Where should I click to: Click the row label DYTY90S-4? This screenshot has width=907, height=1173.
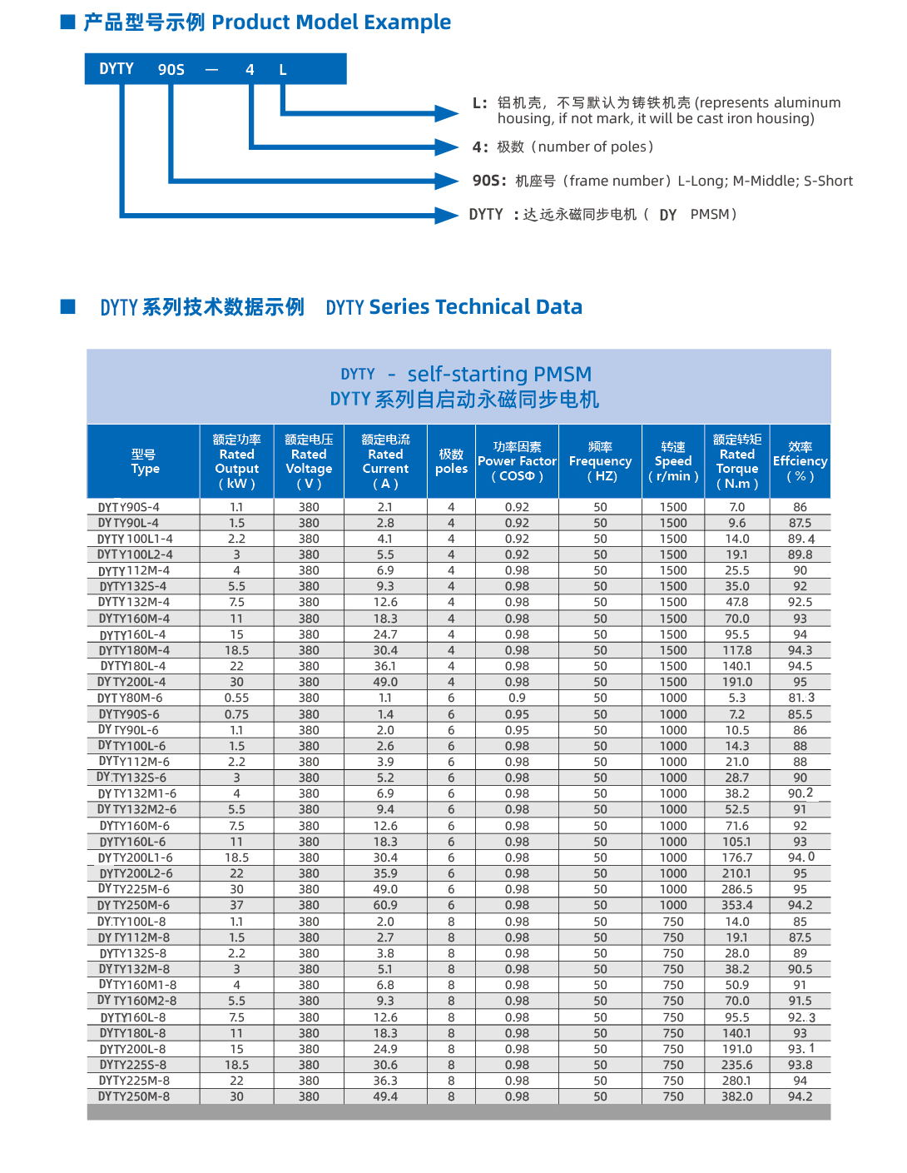[129, 507]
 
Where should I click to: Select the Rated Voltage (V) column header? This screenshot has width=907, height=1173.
[309, 461]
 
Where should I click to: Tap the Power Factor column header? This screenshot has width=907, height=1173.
[517, 461]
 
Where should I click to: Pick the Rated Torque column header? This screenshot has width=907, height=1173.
[737, 461]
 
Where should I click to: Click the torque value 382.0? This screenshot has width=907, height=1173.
[737, 1097]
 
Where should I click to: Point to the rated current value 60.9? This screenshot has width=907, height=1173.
[385, 906]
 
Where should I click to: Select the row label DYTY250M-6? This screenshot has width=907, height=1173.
[133, 906]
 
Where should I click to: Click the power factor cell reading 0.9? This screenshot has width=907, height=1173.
[517, 698]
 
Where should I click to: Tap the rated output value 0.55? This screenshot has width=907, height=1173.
[236, 698]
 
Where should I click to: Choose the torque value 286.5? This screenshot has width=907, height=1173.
[737, 890]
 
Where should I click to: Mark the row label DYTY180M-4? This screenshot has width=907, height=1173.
[134, 651]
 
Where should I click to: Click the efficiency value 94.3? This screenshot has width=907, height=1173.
[800, 651]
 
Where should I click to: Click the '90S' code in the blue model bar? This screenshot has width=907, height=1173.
[171, 70]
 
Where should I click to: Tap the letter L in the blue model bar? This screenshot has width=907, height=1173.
[283, 70]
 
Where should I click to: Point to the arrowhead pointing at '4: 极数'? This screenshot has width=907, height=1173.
[448, 147]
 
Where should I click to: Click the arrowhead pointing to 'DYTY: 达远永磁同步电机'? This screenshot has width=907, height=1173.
[448, 216]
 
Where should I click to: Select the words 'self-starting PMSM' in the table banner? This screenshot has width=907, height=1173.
[499, 375]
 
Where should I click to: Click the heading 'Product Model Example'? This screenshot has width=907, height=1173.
[331, 22]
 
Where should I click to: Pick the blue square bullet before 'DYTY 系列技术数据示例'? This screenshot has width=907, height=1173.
[68, 307]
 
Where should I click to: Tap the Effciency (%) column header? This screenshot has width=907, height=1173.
[800, 461]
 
